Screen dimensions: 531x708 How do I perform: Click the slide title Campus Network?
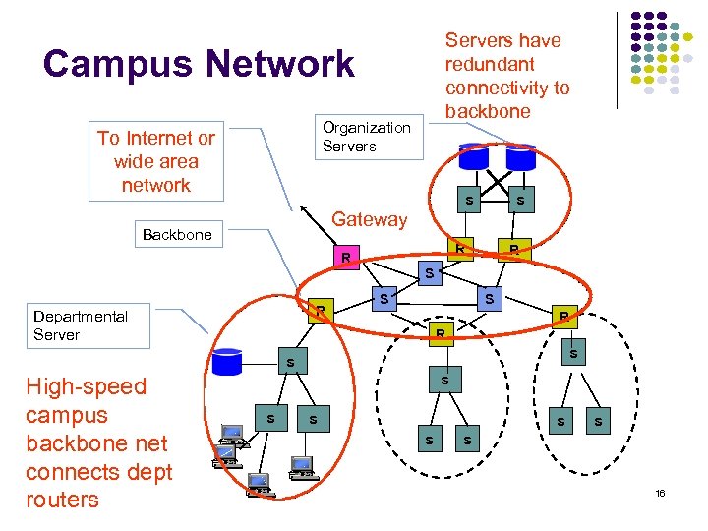[x=199, y=64]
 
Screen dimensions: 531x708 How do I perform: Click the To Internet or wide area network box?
[x=156, y=162]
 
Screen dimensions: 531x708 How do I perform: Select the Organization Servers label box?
[x=367, y=137]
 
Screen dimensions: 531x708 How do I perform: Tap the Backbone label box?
[x=177, y=235]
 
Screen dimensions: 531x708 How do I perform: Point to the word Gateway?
[x=370, y=219]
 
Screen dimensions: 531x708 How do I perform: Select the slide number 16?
[x=660, y=493]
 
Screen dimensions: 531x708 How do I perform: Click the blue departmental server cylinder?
[x=227, y=361]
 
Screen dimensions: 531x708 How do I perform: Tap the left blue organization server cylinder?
[x=473, y=156]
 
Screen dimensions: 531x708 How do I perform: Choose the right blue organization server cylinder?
[x=520, y=156]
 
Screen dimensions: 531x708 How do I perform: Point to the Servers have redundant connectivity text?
[x=506, y=76]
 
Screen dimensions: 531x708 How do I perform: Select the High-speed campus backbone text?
[x=98, y=442]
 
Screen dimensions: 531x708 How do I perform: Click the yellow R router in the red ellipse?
[x=321, y=310]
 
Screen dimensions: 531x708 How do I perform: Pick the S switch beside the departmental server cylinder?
[x=290, y=364]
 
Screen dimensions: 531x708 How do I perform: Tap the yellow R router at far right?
[x=563, y=316]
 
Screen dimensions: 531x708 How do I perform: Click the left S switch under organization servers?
[x=469, y=202]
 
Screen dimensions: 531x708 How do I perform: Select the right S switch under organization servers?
[x=519, y=202]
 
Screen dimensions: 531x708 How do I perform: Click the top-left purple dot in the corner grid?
[x=635, y=18]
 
